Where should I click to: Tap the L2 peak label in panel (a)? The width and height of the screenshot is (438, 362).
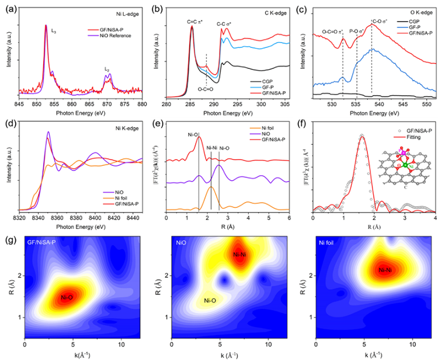pos(107,69)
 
